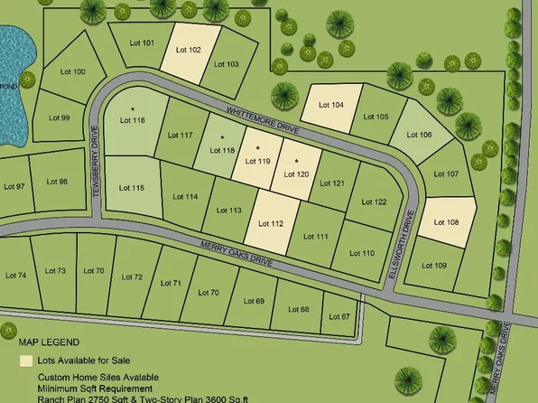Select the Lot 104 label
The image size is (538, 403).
tap(332, 106)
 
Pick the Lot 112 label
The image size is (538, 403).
tap(271, 224)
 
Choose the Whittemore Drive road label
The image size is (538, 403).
tap(263, 122)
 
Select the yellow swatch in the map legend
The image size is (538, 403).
tap(26, 360)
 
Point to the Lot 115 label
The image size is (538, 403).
tap(132, 188)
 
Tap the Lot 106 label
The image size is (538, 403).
tap(420, 135)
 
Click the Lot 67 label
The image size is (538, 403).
tap(339, 316)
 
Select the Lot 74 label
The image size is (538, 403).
tap(16, 275)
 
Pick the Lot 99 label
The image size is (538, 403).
tap(59, 117)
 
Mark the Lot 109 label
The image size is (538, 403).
tap(434, 266)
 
